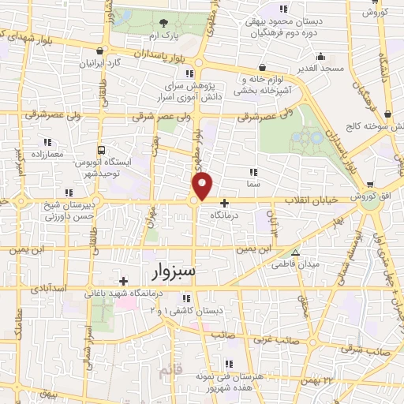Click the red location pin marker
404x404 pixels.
[203, 185]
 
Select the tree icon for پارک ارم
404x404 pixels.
[163, 23]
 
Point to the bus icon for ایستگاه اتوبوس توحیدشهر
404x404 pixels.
[101, 149]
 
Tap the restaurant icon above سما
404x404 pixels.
[252, 171]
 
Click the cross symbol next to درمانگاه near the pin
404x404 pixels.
[224, 203]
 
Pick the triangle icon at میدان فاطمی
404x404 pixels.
[295, 254]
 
